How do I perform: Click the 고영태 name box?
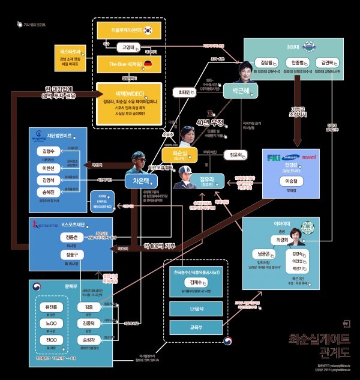click(127, 47)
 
